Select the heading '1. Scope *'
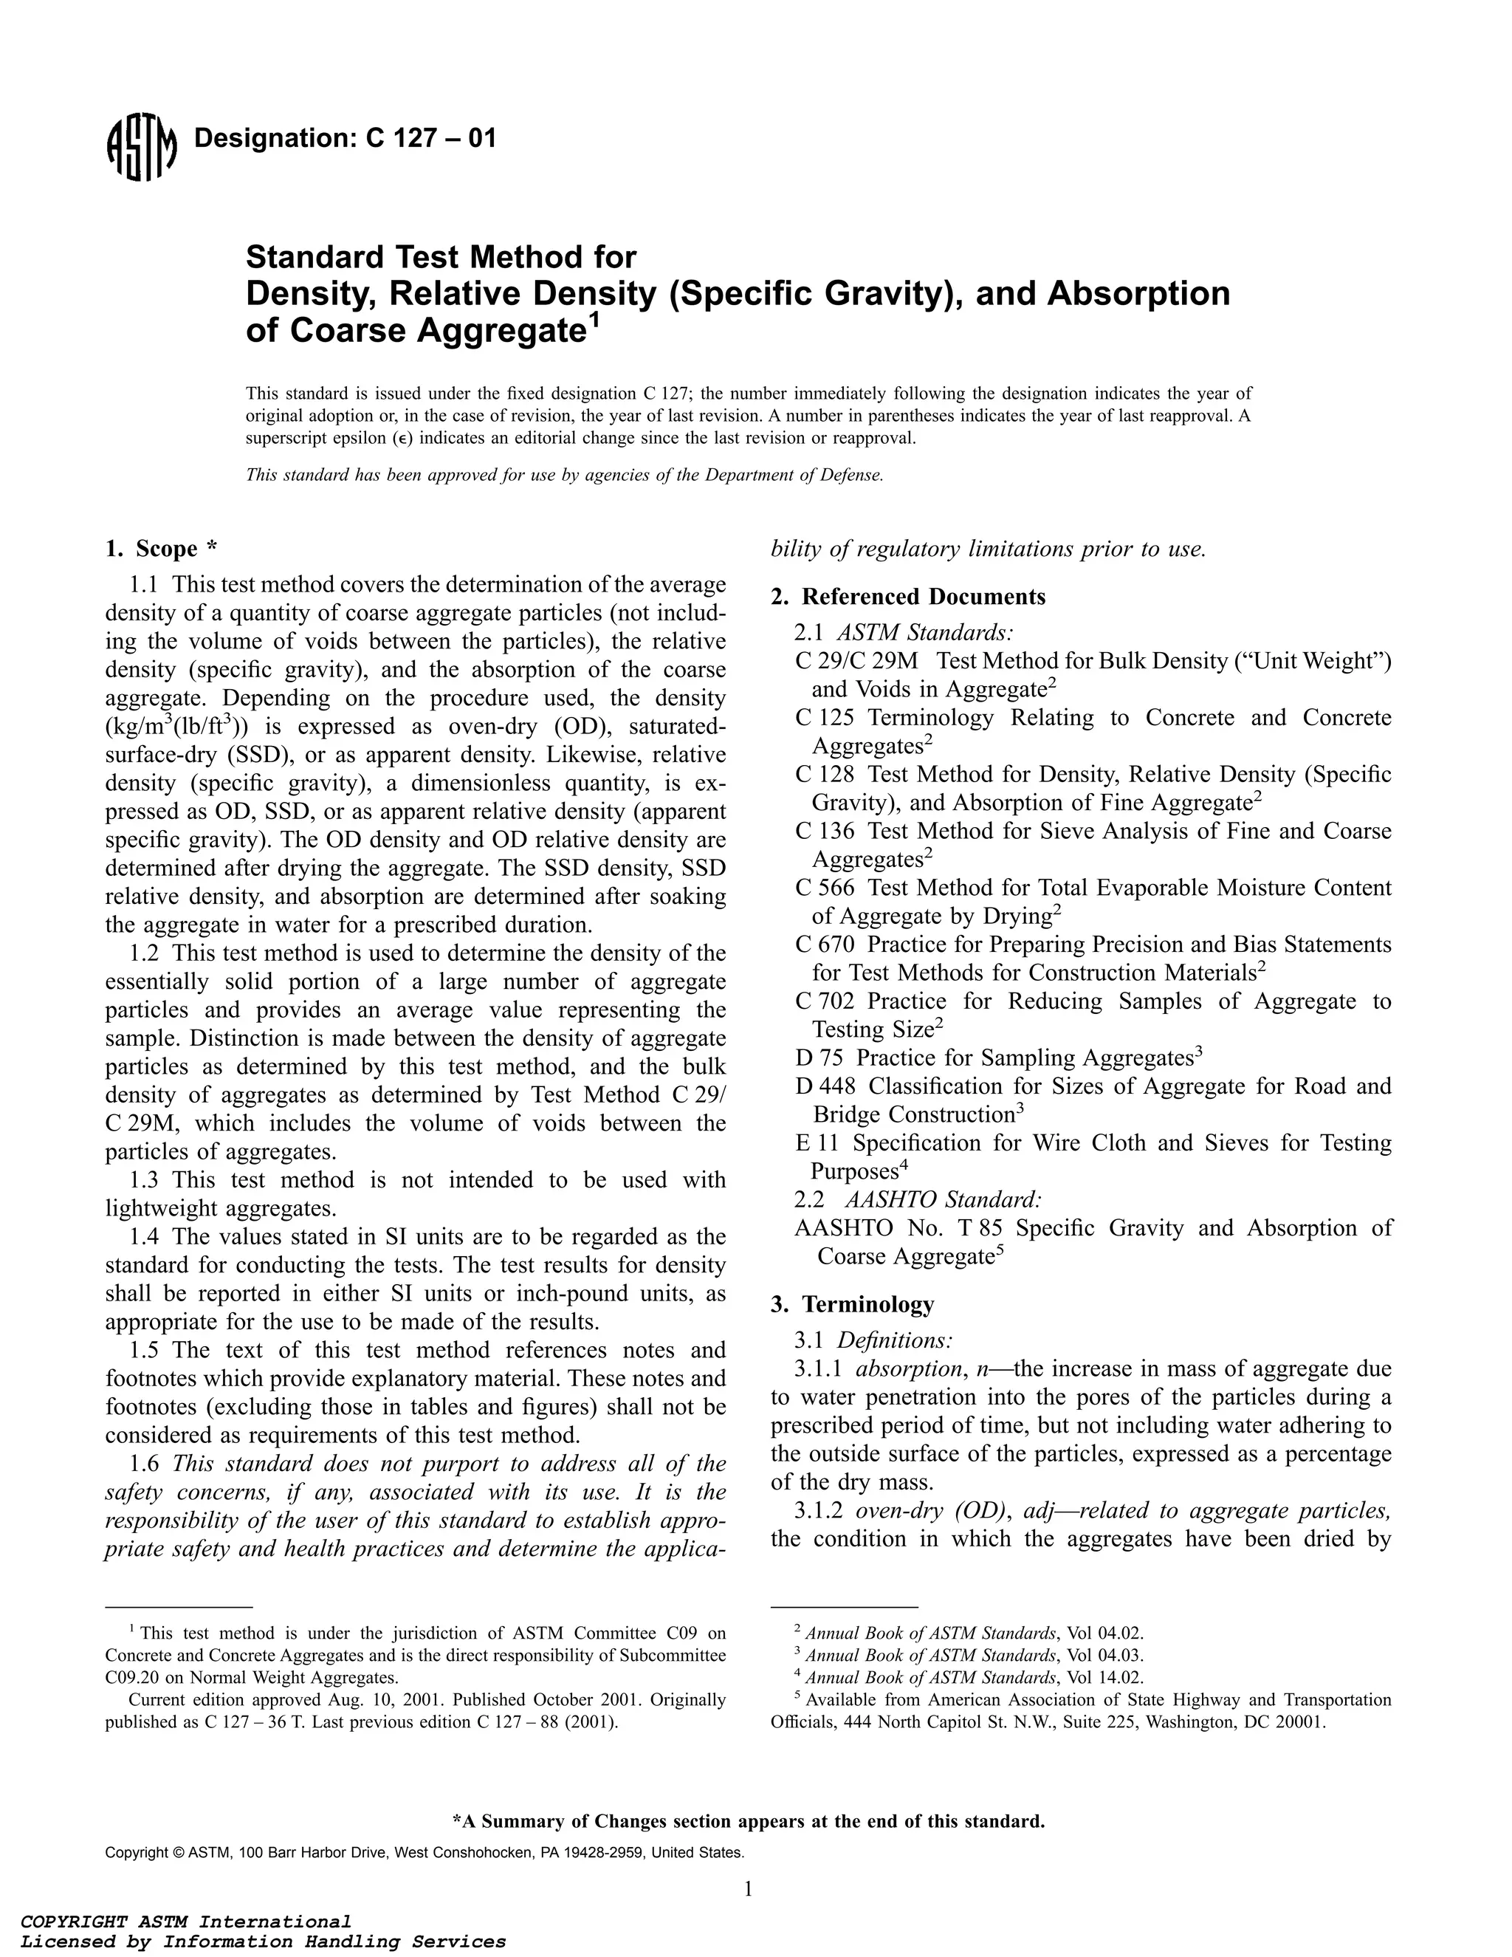pyautogui.click(x=161, y=549)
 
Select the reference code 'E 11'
pyautogui.click(x=815, y=1142)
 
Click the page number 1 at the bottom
pyautogui.click(x=748, y=1889)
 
